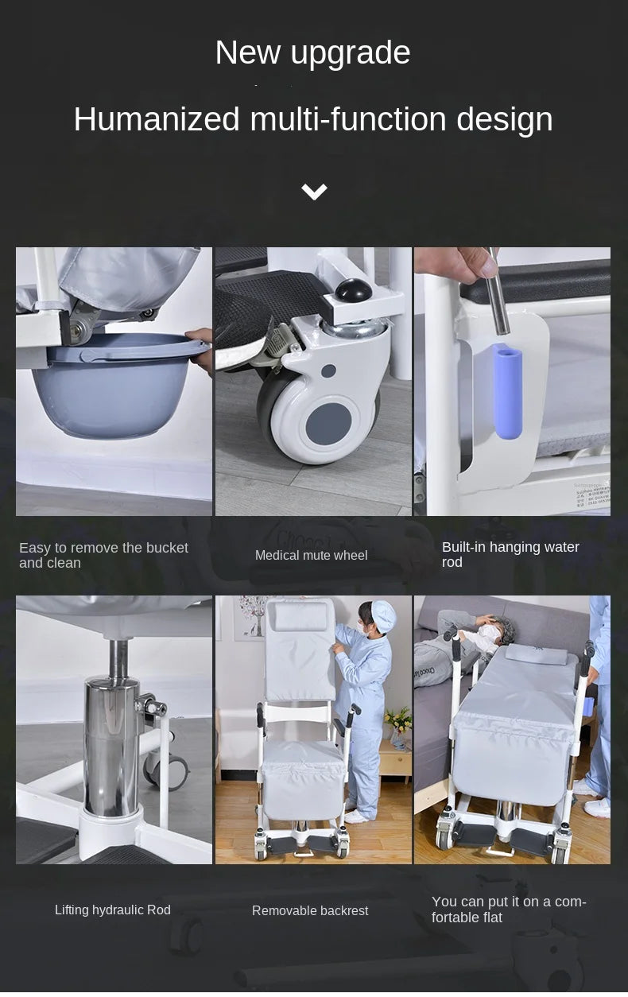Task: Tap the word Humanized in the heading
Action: (x=157, y=119)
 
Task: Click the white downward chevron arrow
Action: (x=314, y=192)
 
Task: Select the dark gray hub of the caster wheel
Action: (x=328, y=423)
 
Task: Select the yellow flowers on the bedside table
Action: (x=398, y=718)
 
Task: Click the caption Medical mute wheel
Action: (x=311, y=555)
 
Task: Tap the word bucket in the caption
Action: (x=166, y=548)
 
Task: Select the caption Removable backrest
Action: (x=310, y=910)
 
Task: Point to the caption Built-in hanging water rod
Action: (x=510, y=554)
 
